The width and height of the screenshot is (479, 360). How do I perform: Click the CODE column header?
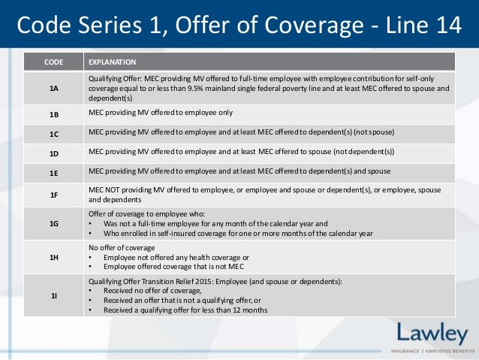[x=53, y=62]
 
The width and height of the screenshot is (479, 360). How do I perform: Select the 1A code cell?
[x=53, y=88]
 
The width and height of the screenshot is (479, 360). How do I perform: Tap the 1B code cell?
[x=53, y=114]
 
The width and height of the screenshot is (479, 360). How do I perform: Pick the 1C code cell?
[x=53, y=134]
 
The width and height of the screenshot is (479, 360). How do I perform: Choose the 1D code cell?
[x=53, y=153]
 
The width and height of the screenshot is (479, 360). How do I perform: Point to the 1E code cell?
[x=53, y=173]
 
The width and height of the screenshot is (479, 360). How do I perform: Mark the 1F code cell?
[x=53, y=195]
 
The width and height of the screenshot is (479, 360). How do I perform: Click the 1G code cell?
[x=53, y=223]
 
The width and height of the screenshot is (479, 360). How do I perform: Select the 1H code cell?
[x=53, y=257]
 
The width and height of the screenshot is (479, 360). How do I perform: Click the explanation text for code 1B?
[x=161, y=113]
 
